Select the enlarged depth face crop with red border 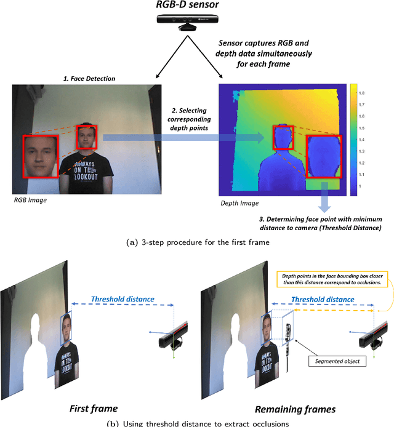click(323, 157)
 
